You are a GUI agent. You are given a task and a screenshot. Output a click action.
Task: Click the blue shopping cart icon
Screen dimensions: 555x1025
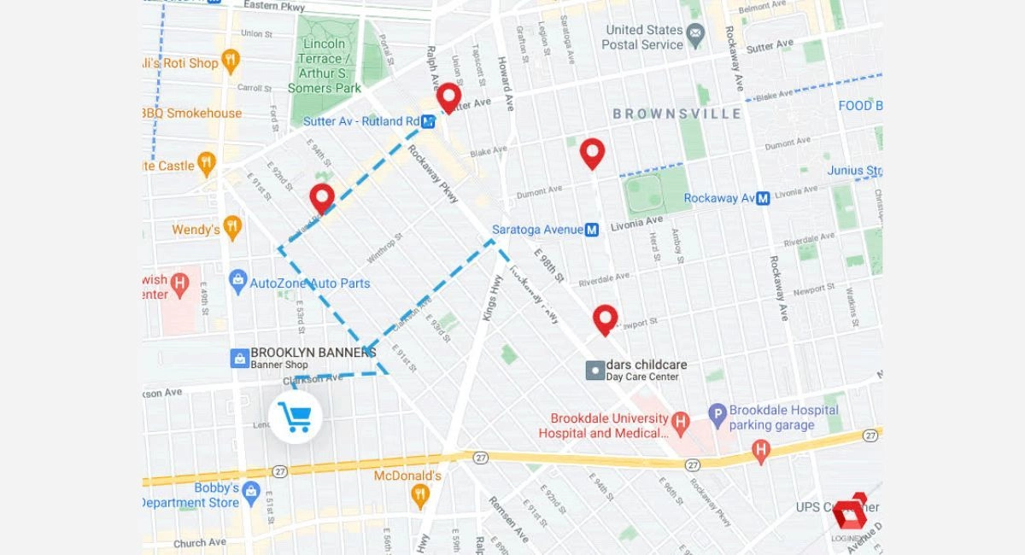pos(296,418)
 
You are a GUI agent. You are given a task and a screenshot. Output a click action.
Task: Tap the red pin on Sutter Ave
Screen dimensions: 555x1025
pos(448,96)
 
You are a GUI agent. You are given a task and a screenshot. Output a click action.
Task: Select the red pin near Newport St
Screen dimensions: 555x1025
pos(606,318)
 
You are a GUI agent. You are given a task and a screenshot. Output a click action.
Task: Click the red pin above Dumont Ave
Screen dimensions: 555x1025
pos(592,152)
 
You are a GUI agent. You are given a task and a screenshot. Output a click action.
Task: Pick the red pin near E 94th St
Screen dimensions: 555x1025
pos(322,197)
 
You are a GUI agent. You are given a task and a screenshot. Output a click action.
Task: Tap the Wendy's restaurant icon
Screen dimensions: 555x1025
pos(232,228)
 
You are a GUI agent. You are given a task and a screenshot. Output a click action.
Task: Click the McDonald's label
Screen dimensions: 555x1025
pos(407,476)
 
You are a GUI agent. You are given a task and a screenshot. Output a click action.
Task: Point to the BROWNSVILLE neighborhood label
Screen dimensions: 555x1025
pos(676,114)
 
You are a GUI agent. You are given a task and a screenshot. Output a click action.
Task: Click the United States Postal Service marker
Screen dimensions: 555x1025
pos(695,37)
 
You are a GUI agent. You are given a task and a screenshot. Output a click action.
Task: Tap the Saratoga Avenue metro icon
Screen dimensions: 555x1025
pos(592,230)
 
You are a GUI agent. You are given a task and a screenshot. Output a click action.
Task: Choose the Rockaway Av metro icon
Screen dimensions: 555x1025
pos(764,198)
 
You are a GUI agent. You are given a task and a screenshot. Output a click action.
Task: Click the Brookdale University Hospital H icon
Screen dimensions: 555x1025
pos(680,421)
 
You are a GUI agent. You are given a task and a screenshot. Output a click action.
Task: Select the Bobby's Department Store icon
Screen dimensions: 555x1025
pos(250,491)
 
